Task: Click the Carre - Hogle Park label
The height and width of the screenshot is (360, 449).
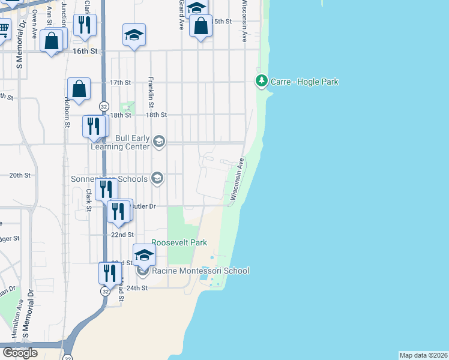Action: pyautogui.click(x=304, y=82)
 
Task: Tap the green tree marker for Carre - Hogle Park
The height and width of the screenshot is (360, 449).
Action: pyautogui.click(x=261, y=80)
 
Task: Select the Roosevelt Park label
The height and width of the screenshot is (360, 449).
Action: pyautogui.click(x=179, y=242)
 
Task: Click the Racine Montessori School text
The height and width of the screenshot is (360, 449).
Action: pyautogui.click(x=200, y=271)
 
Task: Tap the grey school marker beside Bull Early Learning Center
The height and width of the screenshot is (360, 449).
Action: pyautogui.click(x=158, y=142)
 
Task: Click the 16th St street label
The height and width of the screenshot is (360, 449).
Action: pyautogui.click(x=85, y=52)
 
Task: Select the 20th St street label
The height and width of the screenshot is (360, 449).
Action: pyautogui.click(x=19, y=175)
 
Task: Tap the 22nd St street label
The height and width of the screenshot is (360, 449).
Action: pyautogui.click(x=122, y=235)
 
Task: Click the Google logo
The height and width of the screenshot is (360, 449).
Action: pyautogui.click(x=19, y=353)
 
